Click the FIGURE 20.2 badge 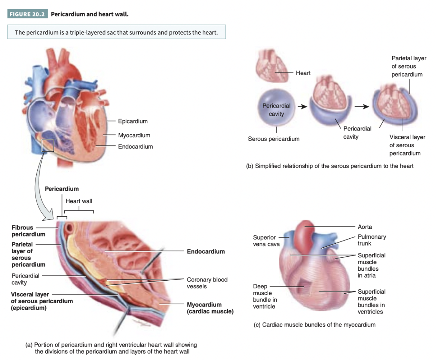point(27,14)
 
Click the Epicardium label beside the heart point(133,121)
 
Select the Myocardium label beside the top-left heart point(134,135)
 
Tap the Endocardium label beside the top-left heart point(135,146)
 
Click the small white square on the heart point(48,146)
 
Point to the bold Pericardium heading point(62,189)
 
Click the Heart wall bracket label point(79,201)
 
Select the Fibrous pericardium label point(28,231)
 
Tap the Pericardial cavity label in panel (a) point(25,279)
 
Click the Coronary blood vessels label point(207,283)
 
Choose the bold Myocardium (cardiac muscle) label point(210,308)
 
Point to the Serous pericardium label point(274,139)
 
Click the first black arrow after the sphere point(302,106)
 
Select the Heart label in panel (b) point(303,73)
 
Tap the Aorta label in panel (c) point(365,227)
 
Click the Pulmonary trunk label point(372,240)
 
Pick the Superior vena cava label point(266,241)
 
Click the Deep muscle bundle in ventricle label point(264,296)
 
